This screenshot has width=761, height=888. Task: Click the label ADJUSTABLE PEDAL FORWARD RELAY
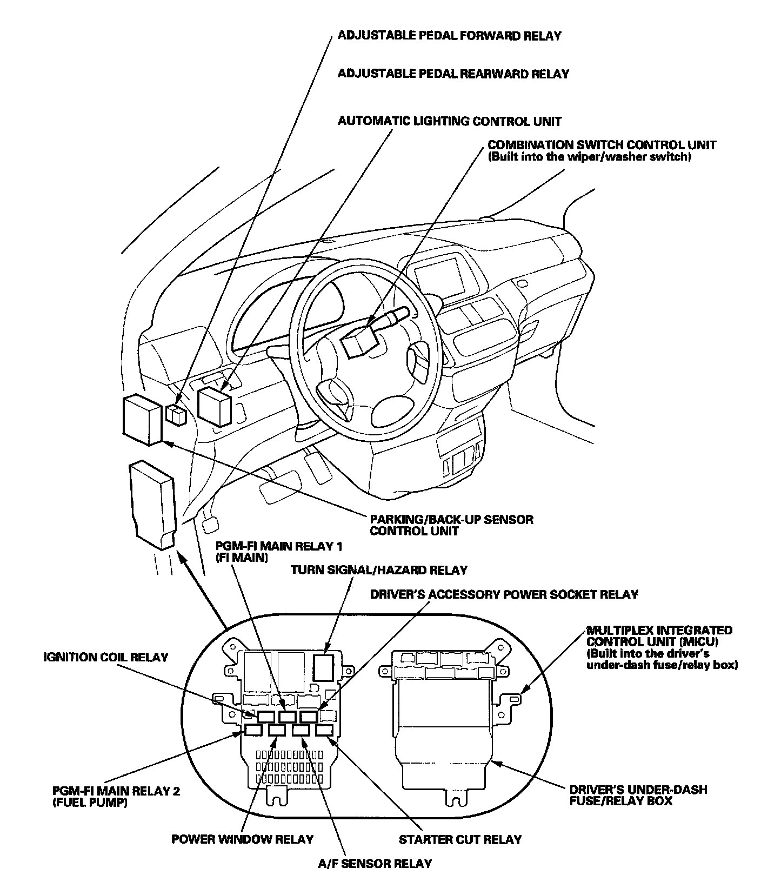pos(449,36)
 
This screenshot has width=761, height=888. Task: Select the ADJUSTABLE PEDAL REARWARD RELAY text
pos(453,74)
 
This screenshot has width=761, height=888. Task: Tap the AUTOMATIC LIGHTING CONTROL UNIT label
pos(450,121)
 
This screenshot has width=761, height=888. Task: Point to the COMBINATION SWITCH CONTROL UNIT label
pos(602,145)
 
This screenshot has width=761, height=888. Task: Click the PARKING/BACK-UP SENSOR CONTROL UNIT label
pos(451,525)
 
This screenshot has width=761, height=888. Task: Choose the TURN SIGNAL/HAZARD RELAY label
pos(379,570)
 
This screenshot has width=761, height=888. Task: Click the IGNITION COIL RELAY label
pos(106,658)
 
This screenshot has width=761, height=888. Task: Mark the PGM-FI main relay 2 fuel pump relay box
pos(253,732)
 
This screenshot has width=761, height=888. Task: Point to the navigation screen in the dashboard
pos(439,273)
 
